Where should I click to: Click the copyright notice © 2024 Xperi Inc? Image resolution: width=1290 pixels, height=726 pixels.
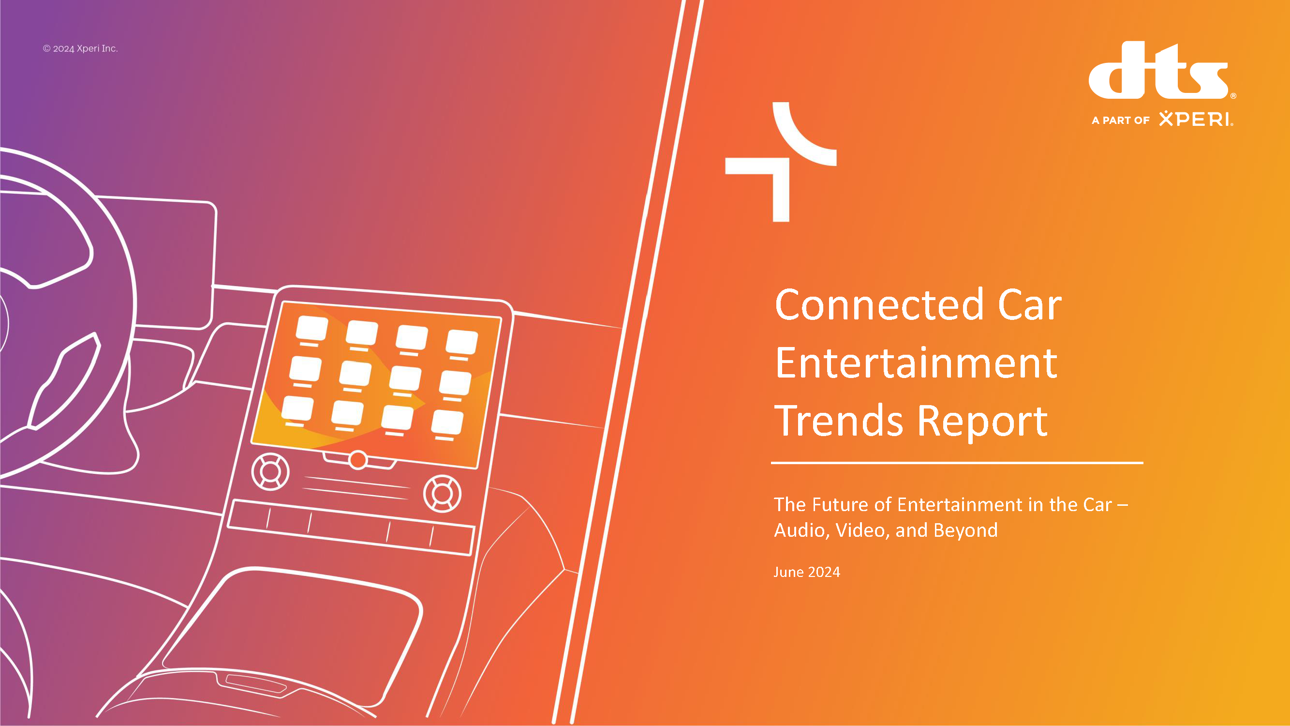pos(80,48)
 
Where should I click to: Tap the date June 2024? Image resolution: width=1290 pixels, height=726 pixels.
pos(807,572)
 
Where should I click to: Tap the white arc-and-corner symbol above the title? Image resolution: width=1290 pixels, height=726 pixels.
pos(781,161)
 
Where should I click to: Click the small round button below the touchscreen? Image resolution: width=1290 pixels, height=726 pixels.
pos(358,460)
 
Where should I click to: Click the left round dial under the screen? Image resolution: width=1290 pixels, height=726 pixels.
pos(270,471)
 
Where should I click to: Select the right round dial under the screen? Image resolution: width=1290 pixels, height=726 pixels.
pos(442,494)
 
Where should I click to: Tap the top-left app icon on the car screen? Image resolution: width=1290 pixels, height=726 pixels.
pos(312,329)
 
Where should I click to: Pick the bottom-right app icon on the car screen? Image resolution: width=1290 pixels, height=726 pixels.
pos(447,422)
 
